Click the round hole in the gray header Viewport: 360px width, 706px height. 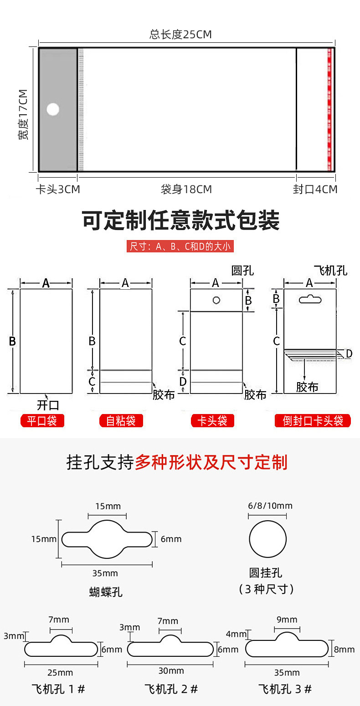53,109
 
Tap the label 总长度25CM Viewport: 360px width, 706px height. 180,35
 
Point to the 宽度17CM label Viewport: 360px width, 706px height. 23,114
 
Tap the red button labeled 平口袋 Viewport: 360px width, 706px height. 42,421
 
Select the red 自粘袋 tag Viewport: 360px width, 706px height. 121,421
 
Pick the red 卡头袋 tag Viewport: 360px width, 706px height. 212,421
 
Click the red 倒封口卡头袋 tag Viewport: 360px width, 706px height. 313,421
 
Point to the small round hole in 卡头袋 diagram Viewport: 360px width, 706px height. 216,300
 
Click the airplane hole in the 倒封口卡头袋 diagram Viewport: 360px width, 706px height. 310,299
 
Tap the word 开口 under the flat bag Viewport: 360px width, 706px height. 48,405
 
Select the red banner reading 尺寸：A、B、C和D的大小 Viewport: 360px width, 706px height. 180,247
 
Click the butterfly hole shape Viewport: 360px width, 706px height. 107,539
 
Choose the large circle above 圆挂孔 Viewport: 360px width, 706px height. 267,539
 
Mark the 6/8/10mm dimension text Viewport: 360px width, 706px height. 270,506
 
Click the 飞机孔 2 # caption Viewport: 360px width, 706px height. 171,689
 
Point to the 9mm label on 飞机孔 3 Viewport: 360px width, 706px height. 287,619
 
